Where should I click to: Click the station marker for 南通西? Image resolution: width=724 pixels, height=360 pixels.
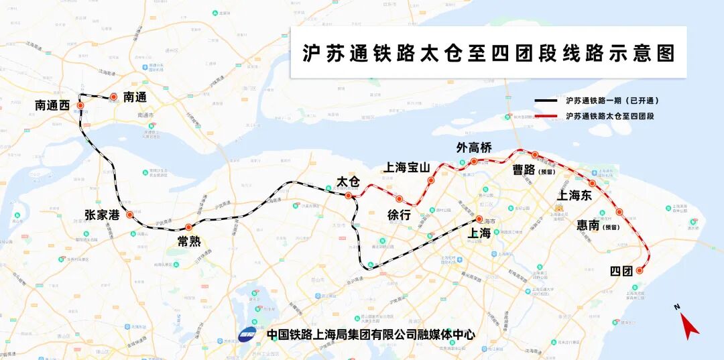point(80,106)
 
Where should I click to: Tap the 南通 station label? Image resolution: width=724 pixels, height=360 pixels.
point(135,97)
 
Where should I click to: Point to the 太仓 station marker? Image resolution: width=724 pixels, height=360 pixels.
point(348,196)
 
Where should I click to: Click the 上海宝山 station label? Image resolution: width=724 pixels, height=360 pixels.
point(406,168)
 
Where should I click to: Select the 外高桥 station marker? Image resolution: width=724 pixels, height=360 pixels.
point(474,162)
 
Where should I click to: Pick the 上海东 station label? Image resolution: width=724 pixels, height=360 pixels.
point(575,195)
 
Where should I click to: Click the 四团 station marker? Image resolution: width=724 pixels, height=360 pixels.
point(640,271)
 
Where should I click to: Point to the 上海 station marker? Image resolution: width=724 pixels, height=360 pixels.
point(479,219)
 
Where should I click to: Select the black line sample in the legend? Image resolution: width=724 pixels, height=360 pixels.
point(546,101)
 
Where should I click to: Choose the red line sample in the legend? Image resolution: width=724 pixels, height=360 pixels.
point(546,117)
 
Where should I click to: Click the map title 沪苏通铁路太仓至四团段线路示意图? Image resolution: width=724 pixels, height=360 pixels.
point(488,54)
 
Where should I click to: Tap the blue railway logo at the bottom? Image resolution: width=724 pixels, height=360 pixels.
point(248,334)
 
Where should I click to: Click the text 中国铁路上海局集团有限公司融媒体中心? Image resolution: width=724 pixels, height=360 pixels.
point(371,334)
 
